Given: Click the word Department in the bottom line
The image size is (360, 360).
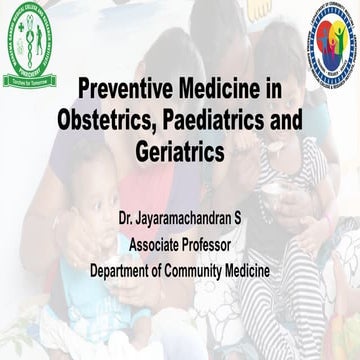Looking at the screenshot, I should click(x=125, y=269).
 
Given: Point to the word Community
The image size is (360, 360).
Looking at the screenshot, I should click(x=210, y=269).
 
